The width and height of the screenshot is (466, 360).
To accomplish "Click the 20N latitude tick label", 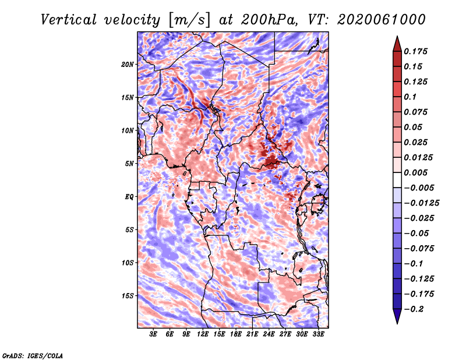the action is (128, 65).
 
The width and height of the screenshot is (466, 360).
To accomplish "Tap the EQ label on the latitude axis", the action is (129, 197).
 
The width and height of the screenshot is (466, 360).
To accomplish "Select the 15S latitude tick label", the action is (128, 296).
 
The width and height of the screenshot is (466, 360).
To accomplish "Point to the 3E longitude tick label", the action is (153, 334).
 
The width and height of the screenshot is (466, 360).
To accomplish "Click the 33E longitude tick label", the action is (318, 334).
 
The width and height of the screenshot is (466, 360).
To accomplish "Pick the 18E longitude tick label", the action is (236, 334).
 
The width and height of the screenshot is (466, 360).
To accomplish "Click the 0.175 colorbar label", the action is (415, 51).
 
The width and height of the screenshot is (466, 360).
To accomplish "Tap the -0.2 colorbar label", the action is (414, 309).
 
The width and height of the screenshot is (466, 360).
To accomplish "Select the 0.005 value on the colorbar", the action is (415, 172).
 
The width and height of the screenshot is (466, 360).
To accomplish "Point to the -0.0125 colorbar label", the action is (421, 203).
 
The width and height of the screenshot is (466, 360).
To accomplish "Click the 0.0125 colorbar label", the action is (418, 157).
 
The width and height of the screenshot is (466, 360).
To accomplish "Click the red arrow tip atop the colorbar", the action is (397, 36).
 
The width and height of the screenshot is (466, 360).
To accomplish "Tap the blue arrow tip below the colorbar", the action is (397, 323).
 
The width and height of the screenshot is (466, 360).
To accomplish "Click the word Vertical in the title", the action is (69, 20).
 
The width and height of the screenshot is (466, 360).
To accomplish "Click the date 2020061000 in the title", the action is (382, 20).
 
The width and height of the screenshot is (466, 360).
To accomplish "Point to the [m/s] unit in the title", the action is (189, 20).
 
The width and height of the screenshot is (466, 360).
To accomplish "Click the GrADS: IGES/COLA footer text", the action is (33, 355).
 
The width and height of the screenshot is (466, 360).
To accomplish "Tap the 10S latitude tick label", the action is (128, 263).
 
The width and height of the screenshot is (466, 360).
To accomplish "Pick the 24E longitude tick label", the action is (269, 334).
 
